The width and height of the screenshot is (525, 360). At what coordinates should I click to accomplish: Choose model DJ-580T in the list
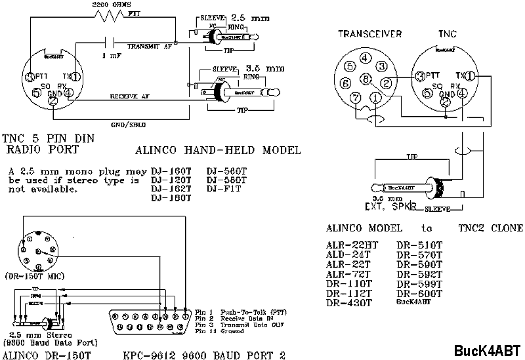pos(226,179)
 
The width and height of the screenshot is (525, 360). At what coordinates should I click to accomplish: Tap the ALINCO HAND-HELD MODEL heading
pos(217,150)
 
